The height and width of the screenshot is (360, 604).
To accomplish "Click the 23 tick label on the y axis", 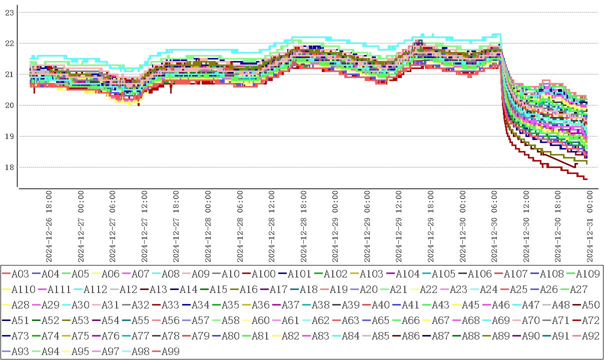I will tap(9, 12).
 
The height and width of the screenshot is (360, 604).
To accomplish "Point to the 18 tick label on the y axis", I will tap(9, 167).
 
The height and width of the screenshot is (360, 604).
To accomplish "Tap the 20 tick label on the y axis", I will tap(9, 105).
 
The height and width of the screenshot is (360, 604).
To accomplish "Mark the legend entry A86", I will tap(410, 336).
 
